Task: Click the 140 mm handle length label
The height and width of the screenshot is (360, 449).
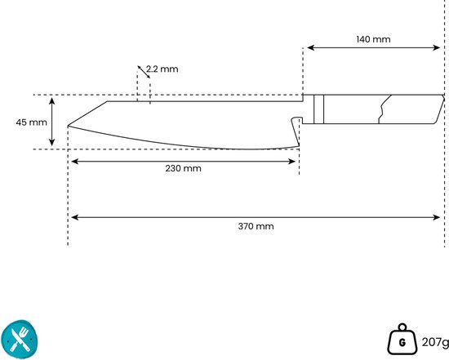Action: point(373,39)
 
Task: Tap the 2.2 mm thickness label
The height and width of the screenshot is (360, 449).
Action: point(162,69)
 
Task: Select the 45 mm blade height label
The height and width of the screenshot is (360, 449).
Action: point(32,122)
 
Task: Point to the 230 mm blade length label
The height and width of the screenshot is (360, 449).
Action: point(183,168)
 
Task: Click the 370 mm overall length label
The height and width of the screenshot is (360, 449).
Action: point(256,226)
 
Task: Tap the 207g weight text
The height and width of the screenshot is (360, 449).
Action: point(435,342)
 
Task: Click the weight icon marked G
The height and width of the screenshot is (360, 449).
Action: point(402,340)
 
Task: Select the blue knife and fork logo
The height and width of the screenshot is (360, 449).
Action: point(20,340)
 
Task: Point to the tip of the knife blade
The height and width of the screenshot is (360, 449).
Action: point(68,126)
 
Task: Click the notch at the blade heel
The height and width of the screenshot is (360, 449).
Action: point(296,120)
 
